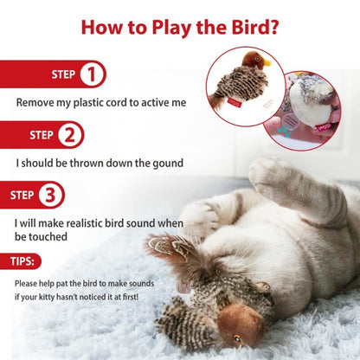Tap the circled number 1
click(92, 75)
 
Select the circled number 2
click(71, 135)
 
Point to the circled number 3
click(52, 195)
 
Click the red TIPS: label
click(22, 260)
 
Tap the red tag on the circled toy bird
click(235, 100)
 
